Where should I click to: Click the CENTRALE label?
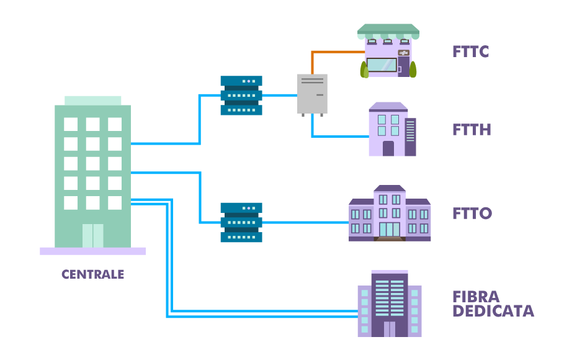[x=93, y=274]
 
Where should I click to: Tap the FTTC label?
[x=470, y=52]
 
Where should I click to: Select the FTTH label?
[x=472, y=130]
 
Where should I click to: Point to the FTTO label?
[x=472, y=214]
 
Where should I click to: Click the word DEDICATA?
[x=493, y=311]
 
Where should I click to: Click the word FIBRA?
[x=476, y=296]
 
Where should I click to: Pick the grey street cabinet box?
[x=312, y=94]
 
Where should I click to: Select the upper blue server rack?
[x=241, y=95]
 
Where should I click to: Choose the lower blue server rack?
[x=241, y=222]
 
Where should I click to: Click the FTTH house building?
[x=391, y=130]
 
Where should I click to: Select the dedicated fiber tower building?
[x=390, y=304]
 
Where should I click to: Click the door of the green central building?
[x=93, y=236]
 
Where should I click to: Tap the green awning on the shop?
[x=388, y=29]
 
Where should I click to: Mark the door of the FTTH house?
[x=388, y=148]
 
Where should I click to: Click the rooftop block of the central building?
[x=93, y=100]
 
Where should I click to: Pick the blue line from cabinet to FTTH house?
[x=338, y=136]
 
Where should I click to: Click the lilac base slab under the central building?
[x=93, y=251]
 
